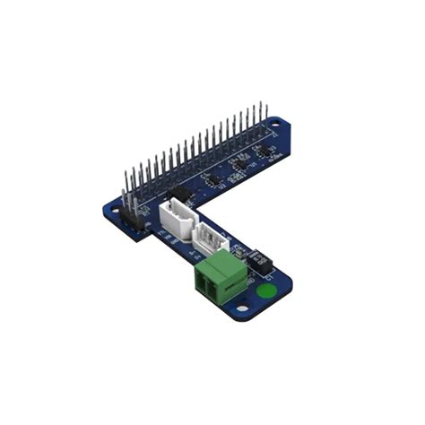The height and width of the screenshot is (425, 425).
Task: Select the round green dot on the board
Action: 265,291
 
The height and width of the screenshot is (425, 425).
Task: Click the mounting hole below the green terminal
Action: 240,312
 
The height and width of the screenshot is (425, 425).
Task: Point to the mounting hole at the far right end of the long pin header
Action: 275,131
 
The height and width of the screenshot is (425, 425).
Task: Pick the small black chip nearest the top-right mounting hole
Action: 263,150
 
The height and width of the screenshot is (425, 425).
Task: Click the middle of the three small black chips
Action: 239,163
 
